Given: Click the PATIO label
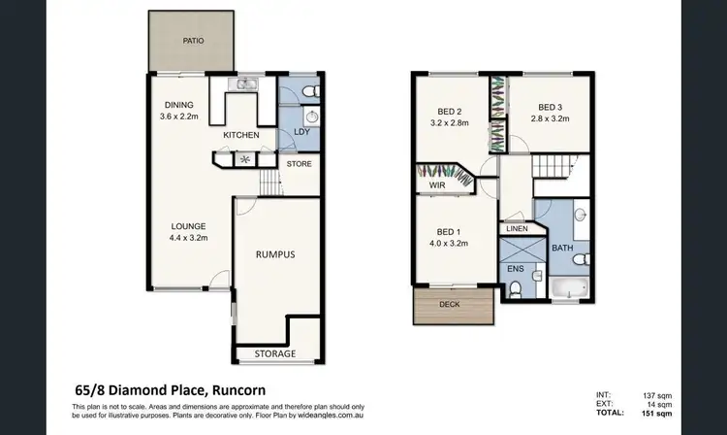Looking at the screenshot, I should (x=193, y=42).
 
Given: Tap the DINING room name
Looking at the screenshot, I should (x=179, y=106).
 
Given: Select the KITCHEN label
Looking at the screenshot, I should (x=240, y=135).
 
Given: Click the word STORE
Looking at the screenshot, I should (x=299, y=164).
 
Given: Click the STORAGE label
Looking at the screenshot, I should (x=275, y=353).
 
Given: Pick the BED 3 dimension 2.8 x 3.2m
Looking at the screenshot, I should (x=551, y=119).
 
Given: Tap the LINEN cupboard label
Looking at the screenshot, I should (x=516, y=229).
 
